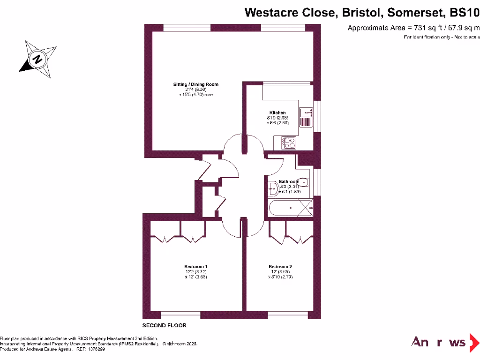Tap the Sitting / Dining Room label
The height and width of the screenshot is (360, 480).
click(x=196, y=84)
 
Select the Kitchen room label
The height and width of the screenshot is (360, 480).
click(x=277, y=113)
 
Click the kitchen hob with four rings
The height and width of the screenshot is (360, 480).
click(x=288, y=142)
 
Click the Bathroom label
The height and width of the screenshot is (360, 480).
click(x=288, y=181)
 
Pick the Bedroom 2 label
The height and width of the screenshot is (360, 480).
click(x=280, y=267)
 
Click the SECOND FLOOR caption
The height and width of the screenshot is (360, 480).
click(x=165, y=325)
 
